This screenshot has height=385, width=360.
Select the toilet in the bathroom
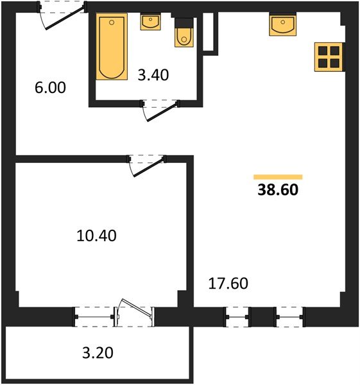(183, 35)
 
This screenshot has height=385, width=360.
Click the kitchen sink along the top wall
(283, 26)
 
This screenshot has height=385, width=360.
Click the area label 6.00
(51, 88)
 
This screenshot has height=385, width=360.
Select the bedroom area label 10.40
(96, 235)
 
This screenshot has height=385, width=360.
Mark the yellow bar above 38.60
(278, 176)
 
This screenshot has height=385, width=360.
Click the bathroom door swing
(160, 110)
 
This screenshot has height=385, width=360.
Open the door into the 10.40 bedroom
(147, 166)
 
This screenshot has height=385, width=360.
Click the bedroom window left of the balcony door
(94, 316)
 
